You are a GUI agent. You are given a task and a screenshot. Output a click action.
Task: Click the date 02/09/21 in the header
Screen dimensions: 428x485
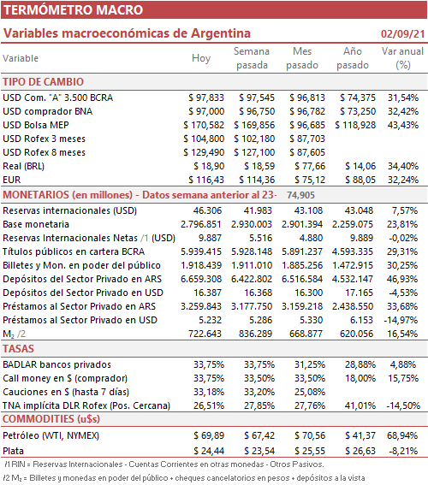point(402,33)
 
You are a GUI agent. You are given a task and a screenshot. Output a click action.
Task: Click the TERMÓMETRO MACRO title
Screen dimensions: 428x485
point(73,10)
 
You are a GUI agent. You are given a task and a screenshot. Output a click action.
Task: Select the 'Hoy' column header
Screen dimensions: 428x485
point(201,58)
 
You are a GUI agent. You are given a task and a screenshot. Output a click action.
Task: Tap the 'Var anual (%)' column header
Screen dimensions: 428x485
point(402,58)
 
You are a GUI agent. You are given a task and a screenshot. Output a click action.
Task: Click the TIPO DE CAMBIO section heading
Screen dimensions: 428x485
point(44,82)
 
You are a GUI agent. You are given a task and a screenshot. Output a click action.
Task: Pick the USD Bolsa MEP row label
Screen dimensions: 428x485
point(36,125)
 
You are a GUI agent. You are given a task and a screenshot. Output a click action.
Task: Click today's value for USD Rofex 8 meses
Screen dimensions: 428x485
point(204,152)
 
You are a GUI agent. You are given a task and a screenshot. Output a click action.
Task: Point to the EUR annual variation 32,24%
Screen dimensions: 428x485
point(403,180)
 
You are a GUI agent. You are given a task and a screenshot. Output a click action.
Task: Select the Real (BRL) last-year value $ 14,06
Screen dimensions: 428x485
point(360,166)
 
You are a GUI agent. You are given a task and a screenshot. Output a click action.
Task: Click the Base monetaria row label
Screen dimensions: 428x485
point(36,224)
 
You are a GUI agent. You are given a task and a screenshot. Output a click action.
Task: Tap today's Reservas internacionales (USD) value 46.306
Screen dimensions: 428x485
point(207,210)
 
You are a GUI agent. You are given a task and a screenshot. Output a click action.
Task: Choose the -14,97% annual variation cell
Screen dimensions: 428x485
point(401,320)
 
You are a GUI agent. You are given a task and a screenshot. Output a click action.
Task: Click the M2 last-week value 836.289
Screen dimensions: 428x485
point(255,334)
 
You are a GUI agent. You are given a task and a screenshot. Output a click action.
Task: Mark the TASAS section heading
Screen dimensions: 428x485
point(18,349)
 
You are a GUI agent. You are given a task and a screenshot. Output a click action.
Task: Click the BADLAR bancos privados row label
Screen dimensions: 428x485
point(57,364)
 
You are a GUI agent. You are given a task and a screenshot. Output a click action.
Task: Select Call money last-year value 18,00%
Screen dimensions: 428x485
point(360,378)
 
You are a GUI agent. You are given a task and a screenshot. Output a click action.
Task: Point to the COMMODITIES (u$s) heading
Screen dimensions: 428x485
point(51,419)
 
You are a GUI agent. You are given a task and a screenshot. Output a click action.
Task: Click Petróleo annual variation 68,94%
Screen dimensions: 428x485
point(402,435)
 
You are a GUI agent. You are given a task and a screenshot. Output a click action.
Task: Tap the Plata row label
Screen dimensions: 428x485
point(14,451)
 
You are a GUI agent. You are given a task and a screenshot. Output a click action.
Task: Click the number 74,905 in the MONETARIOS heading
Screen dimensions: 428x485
point(300,195)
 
